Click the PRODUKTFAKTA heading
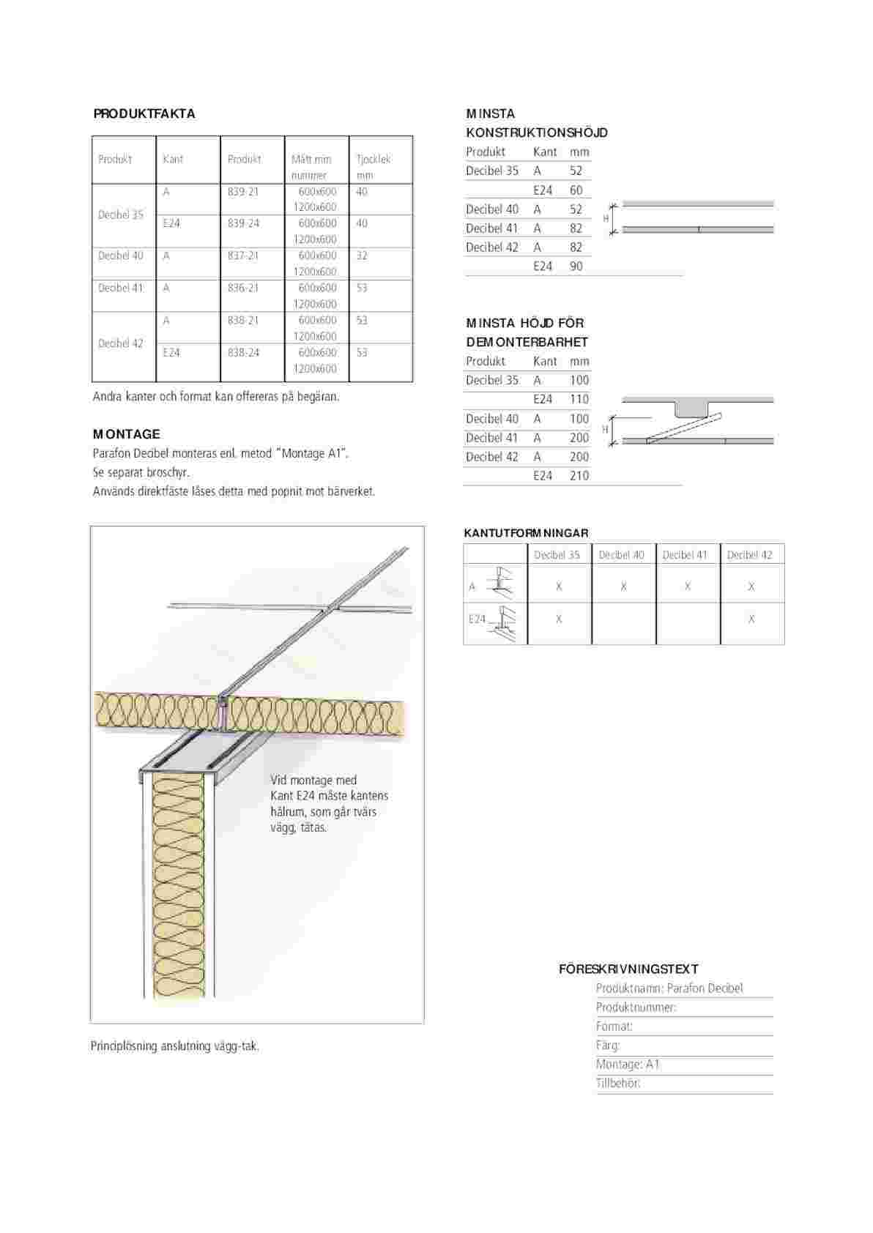point(144,113)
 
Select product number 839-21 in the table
point(242,192)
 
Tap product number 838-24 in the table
point(242,352)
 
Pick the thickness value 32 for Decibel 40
point(362,256)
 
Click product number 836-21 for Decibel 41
point(242,288)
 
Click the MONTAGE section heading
point(126,434)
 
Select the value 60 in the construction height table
point(576,190)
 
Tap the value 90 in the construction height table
point(576,267)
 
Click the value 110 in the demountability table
point(579,399)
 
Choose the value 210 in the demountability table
point(579,476)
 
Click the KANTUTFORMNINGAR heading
point(526,533)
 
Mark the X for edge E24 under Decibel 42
point(751,619)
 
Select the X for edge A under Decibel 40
point(623,586)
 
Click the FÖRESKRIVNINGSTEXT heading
point(628,969)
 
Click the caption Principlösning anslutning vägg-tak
point(175,1046)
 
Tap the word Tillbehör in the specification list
point(618,1084)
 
